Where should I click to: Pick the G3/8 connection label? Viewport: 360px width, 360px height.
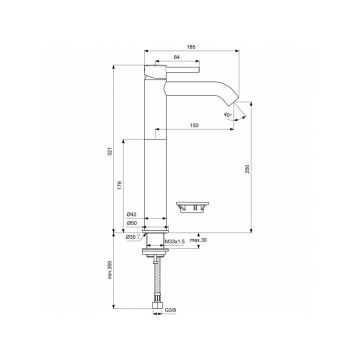[171, 338]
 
